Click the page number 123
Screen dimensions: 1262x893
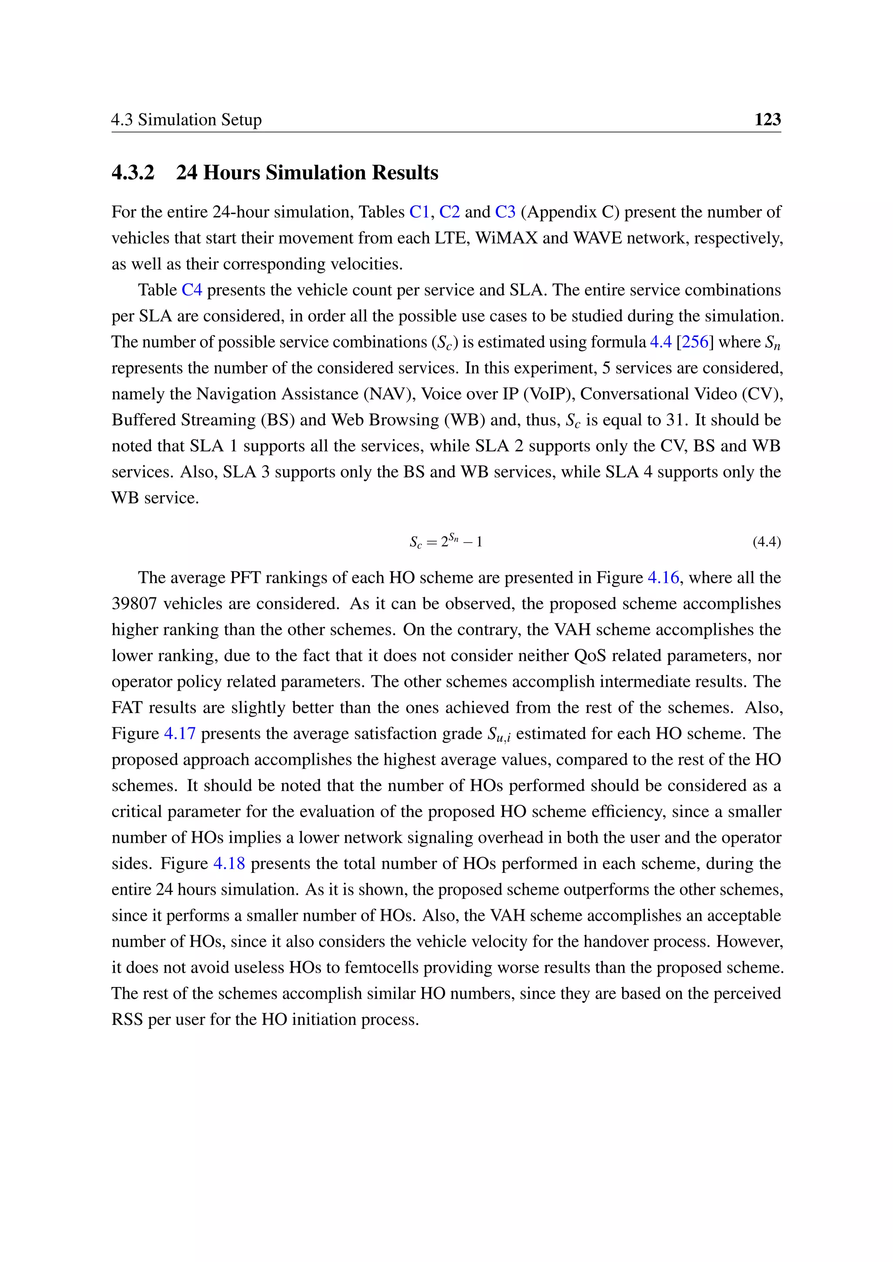[x=767, y=119]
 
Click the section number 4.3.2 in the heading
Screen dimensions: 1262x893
[x=133, y=173]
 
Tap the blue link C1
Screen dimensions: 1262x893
[x=419, y=212]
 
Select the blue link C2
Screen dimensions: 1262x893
[x=449, y=212]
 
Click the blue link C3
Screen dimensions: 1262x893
[x=505, y=212]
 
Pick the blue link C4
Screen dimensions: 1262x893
[x=192, y=290]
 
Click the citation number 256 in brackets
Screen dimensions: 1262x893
[x=695, y=342]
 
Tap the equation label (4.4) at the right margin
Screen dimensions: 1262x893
[x=767, y=542]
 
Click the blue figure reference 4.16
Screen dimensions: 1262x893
[x=663, y=578]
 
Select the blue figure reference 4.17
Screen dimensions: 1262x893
[x=180, y=734]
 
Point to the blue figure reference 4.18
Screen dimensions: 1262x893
[x=229, y=864]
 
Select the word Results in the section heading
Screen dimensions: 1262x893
[x=405, y=173]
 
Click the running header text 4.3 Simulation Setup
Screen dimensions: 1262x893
[x=187, y=119]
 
